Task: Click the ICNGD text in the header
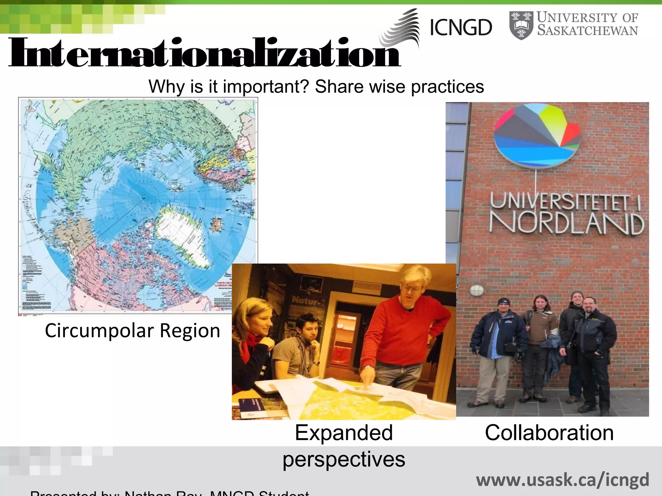click(461, 28)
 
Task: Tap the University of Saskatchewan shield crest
click(521, 25)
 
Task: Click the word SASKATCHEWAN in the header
click(587, 31)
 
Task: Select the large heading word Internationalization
click(204, 53)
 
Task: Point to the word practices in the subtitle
click(447, 87)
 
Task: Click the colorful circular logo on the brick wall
click(537, 136)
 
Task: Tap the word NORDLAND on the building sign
click(566, 223)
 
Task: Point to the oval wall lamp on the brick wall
click(476, 290)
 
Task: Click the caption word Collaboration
click(549, 433)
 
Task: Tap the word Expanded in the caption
click(344, 433)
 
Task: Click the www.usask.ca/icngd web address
click(562, 480)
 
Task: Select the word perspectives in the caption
click(344, 459)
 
